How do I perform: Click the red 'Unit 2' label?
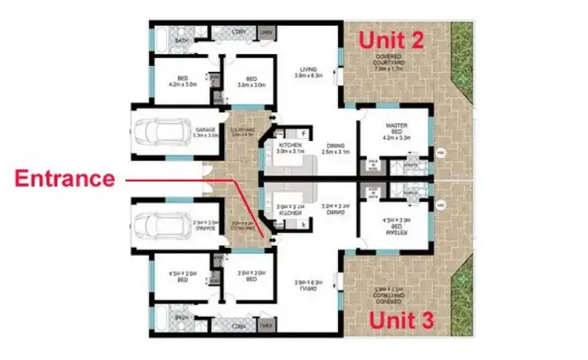click(x=390, y=40)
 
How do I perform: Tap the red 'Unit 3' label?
click(x=401, y=321)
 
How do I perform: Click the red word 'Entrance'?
click(x=64, y=179)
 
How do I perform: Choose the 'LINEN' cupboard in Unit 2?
click(x=267, y=33)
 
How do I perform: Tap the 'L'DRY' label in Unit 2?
click(x=240, y=33)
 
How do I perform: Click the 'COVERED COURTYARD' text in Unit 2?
click(x=389, y=60)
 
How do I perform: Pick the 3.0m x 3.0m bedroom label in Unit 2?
click(x=250, y=82)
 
